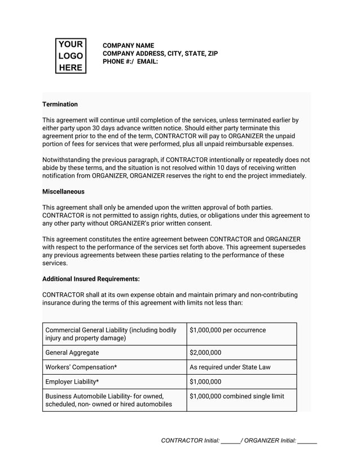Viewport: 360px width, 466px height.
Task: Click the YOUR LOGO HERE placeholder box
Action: click(71, 56)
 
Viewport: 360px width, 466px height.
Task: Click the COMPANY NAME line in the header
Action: click(128, 46)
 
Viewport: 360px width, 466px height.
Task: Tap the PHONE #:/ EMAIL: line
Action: click(130, 61)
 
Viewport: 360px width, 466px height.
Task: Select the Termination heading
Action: click(60, 104)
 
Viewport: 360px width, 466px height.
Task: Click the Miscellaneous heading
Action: click(64, 192)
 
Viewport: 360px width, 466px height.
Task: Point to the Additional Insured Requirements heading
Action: click(91, 279)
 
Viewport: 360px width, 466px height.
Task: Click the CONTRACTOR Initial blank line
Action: click(230, 441)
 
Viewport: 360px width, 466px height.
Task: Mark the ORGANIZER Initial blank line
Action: click(307, 441)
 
